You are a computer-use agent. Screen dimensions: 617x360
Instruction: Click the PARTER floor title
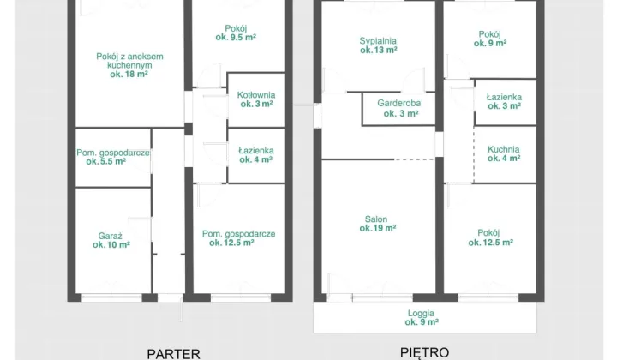tap(173, 354)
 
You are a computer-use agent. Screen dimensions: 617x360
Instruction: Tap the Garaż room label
tap(111, 236)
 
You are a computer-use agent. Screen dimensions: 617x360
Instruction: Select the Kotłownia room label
tap(256, 95)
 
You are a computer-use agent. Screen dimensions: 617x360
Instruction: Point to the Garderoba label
tap(399, 103)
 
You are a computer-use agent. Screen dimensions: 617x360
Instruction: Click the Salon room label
tap(376, 219)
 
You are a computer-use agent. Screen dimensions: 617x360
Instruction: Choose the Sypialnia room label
tap(378, 41)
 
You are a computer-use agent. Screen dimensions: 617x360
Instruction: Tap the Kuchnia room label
tap(504, 149)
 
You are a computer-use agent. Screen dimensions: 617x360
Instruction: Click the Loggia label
tap(421, 314)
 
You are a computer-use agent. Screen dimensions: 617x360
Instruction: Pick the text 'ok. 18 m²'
tap(129, 75)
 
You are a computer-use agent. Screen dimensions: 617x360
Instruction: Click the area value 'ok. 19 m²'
tap(378, 228)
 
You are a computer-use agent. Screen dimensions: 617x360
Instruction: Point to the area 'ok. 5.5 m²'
tap(106, 161)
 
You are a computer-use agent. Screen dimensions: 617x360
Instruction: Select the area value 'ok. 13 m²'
tap(379, 50)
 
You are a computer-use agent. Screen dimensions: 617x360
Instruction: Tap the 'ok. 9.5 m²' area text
tap(236, 38)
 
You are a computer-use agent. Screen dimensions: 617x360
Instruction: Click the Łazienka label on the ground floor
tap(256, 151)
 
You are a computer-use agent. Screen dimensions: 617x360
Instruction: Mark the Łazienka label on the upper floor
tap(504, 97)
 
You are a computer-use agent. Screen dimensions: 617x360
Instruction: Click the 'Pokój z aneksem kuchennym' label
tap(130, 61)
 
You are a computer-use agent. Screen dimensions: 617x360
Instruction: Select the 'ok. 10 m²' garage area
tap(111, 245)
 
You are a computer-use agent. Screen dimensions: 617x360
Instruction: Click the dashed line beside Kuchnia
tap(474, 155)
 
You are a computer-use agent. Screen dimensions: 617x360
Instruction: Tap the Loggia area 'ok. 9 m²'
tap(422, 322)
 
